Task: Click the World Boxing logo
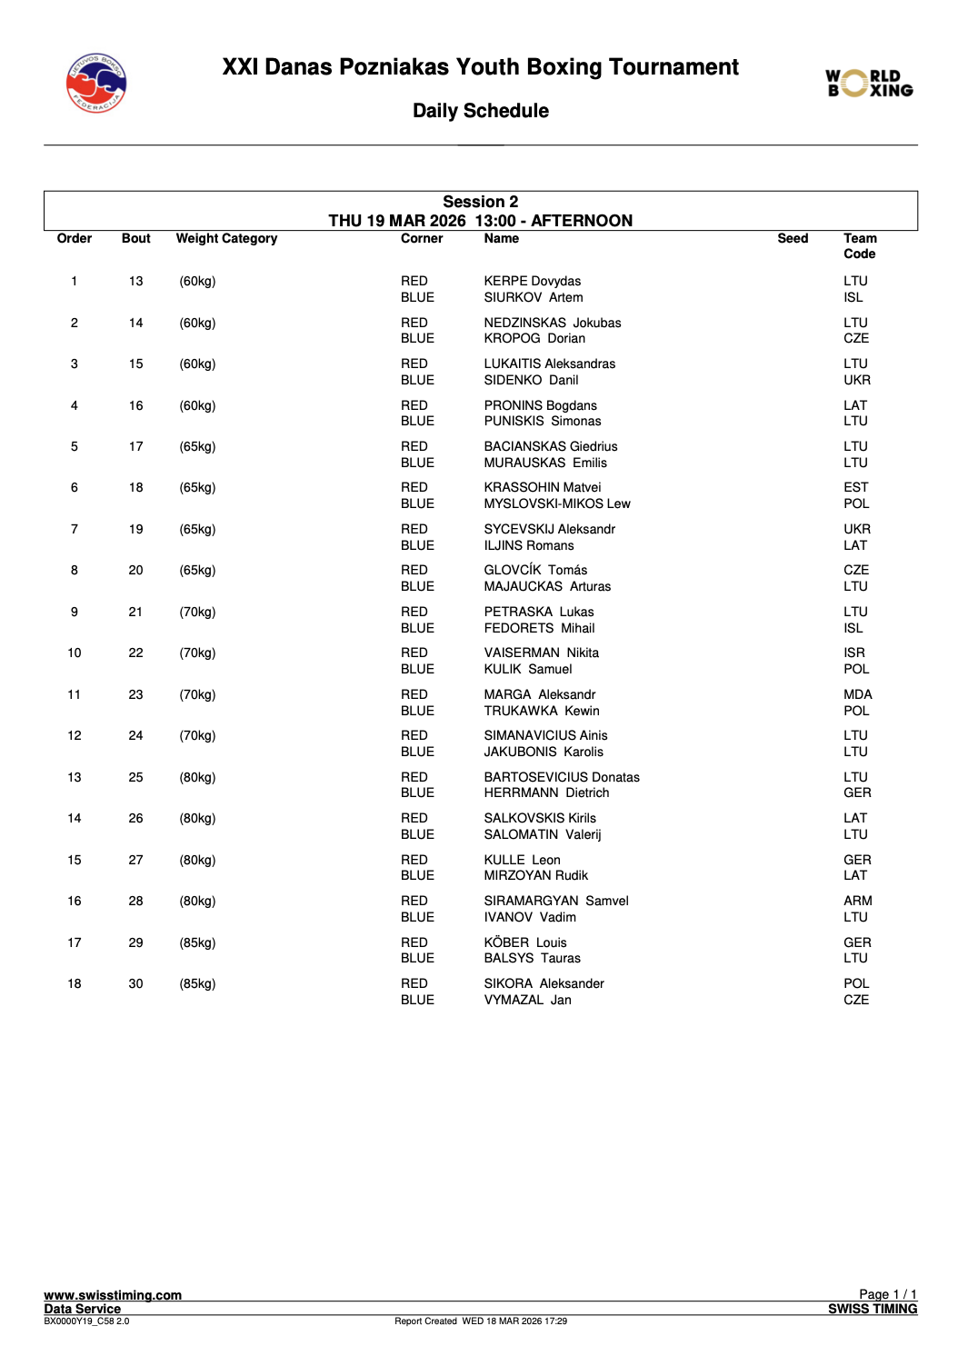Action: tap(869, 84)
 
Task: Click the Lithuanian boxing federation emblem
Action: tap(96, 84)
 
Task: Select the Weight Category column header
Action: tap(226, 239)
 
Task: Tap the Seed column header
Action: tap(793, 239)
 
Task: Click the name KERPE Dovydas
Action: tap(532, 282)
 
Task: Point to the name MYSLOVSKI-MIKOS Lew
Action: tap(556, 504)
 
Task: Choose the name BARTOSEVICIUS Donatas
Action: tap(561, 777)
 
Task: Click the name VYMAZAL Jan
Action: tap(527, 1000)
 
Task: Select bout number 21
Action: tap(135, 613)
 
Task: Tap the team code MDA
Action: tap(857, 694)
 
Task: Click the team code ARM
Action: tap(857, 901)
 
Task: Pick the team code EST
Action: tap(855, 488)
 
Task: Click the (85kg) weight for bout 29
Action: tap(197, 942)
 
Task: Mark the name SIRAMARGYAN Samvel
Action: tap(555, 901)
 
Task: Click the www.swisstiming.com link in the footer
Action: tap(113, 1295)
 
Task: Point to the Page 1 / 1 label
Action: tap(887, 1294)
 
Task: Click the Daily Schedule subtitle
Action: tap(480, 111)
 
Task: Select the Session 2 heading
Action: tap(480, 202)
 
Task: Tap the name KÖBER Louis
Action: tap(524, 942)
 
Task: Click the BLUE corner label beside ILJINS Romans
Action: tap(417, 545)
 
